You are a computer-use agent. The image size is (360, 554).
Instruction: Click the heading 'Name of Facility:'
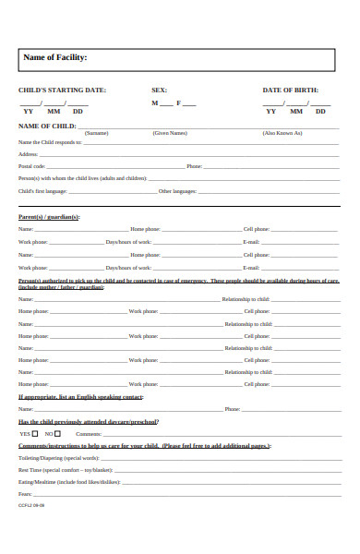coord(54,57)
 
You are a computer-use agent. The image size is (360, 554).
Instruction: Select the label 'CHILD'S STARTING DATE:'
coord(62,90)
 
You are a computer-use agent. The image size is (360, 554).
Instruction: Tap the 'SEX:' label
coord(159,90)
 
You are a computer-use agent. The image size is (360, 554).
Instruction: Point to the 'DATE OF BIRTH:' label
coord(290,90)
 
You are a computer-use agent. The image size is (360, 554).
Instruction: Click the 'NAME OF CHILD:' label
coord(47,126)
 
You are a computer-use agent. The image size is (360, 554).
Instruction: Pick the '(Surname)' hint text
coord(96,133)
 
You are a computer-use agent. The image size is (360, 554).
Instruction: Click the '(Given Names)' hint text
coord(170,133)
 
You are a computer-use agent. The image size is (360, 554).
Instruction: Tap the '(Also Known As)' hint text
coord(282,133)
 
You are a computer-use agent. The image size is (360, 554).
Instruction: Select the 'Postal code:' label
coord(32,166)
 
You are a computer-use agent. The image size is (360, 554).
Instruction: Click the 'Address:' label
coord(29,154)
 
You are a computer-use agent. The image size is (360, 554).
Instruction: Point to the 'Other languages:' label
coord(177,191)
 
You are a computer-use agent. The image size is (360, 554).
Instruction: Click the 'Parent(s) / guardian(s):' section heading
coord(50,217)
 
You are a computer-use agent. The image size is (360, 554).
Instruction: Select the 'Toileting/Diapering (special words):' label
coord(58,457)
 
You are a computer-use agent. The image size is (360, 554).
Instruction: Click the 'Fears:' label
coord(25,494)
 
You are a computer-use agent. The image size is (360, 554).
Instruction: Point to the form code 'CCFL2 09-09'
coord(31,506)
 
